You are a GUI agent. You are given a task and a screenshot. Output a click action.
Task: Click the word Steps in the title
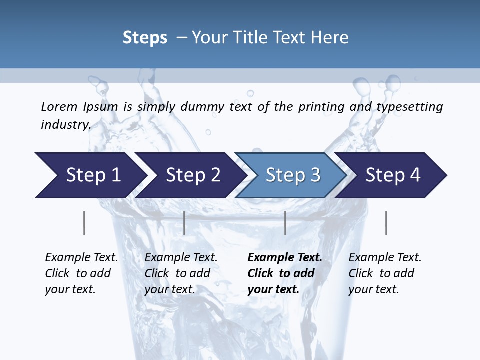(145, 38)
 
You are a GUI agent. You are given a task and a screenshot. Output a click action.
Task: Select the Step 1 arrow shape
(90, 175)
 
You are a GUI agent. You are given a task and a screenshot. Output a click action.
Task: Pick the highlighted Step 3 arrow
(292, 175)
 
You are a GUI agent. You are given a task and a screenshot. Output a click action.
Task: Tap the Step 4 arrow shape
(392, 175)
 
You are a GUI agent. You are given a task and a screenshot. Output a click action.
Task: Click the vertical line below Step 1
(84, 223)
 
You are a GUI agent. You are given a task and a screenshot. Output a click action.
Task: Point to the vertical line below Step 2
(184, 223)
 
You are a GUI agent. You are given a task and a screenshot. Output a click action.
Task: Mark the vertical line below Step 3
(285, 223)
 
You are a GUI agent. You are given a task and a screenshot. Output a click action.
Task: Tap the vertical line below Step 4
(386, 223)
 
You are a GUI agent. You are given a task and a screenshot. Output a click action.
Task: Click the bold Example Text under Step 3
(285, 258)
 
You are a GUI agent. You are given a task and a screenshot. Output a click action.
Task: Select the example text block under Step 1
(81, 273)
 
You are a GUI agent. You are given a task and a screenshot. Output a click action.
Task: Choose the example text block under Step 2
(181, 273)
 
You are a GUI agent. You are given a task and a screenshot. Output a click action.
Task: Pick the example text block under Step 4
(385, 273)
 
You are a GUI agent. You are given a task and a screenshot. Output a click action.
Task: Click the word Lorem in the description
(59, 107)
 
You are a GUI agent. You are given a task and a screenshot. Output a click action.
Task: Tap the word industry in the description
(66, 125)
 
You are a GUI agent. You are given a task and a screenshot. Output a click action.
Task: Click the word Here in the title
(329, 38)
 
